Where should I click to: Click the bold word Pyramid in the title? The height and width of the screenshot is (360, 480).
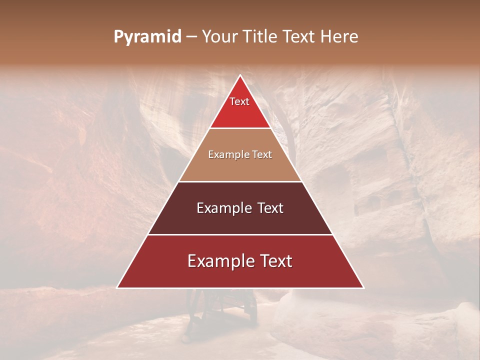pyautogui.click(x=147, y=37)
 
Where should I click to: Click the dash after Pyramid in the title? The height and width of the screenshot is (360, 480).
pyautogui.click(x=191, y=37)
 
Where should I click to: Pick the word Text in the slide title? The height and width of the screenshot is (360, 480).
pyautogui.click(x=300, y=37)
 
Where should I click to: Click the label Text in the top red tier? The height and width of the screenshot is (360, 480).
pyautogui.click(x=239, y=101)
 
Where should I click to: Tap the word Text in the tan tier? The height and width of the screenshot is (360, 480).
pyautogui.click(x=263, y=155)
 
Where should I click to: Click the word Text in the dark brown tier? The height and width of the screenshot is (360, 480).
pyautogui.click(x=270, y=208)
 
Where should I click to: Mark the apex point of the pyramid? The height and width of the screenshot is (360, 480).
pyautogui.click(x=240, y=75)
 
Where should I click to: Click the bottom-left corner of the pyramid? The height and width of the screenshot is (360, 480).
pyautogui.click(x=117, y=288)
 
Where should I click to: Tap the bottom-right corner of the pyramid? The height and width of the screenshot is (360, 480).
pyautogui.click(x=363, y=288)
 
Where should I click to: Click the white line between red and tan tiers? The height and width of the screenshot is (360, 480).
pyautogui.click(x=240, y=128)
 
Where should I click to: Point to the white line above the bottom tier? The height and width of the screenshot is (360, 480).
pyautogui.click(x=240, y=234)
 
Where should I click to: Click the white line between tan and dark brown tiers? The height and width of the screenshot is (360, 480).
pyautogui.click(x=240, y=181)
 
